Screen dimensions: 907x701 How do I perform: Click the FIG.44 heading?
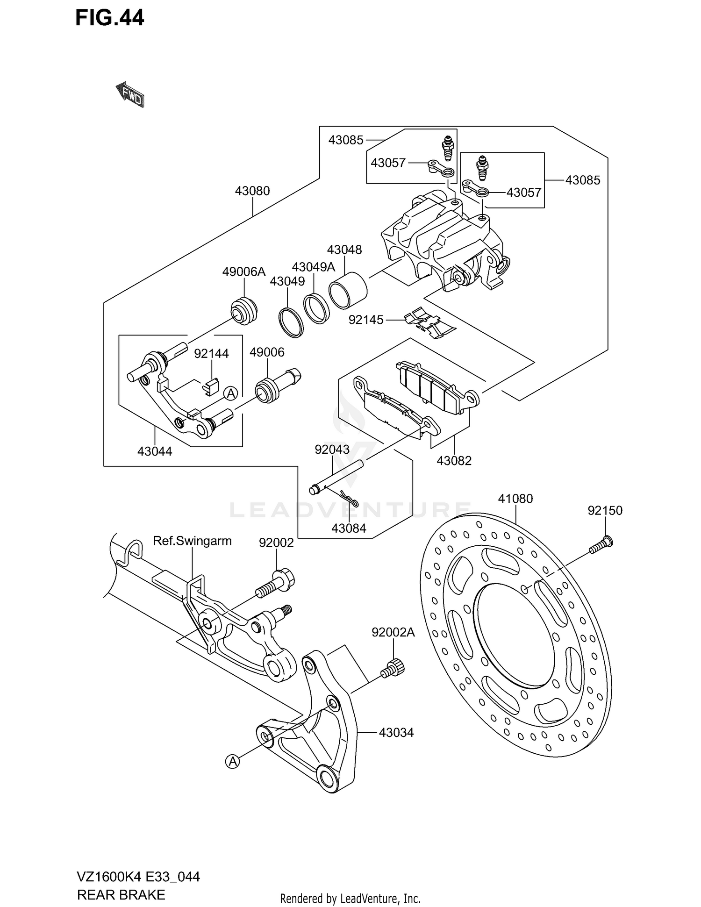pos(110,18)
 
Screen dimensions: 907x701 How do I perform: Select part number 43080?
pos(252,191)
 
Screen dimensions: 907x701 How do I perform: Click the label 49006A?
pos(243,271)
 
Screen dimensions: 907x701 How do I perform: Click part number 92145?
pos(366,320)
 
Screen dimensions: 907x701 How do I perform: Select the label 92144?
pos(211,354)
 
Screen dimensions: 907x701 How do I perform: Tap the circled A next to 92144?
pos(230,393)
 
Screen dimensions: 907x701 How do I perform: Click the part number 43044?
pos(155,451)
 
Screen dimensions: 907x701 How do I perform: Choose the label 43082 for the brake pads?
pos(454,461)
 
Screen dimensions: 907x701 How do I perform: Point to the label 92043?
pos(332,450)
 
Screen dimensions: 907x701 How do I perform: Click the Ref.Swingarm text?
pos(192,541)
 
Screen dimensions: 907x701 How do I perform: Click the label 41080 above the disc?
pos(515,499)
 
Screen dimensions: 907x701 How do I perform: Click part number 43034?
pos(396,732)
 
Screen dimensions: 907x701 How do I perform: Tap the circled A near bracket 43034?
pos(232,762)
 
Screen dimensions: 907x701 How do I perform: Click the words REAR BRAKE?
pos(121,894)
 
